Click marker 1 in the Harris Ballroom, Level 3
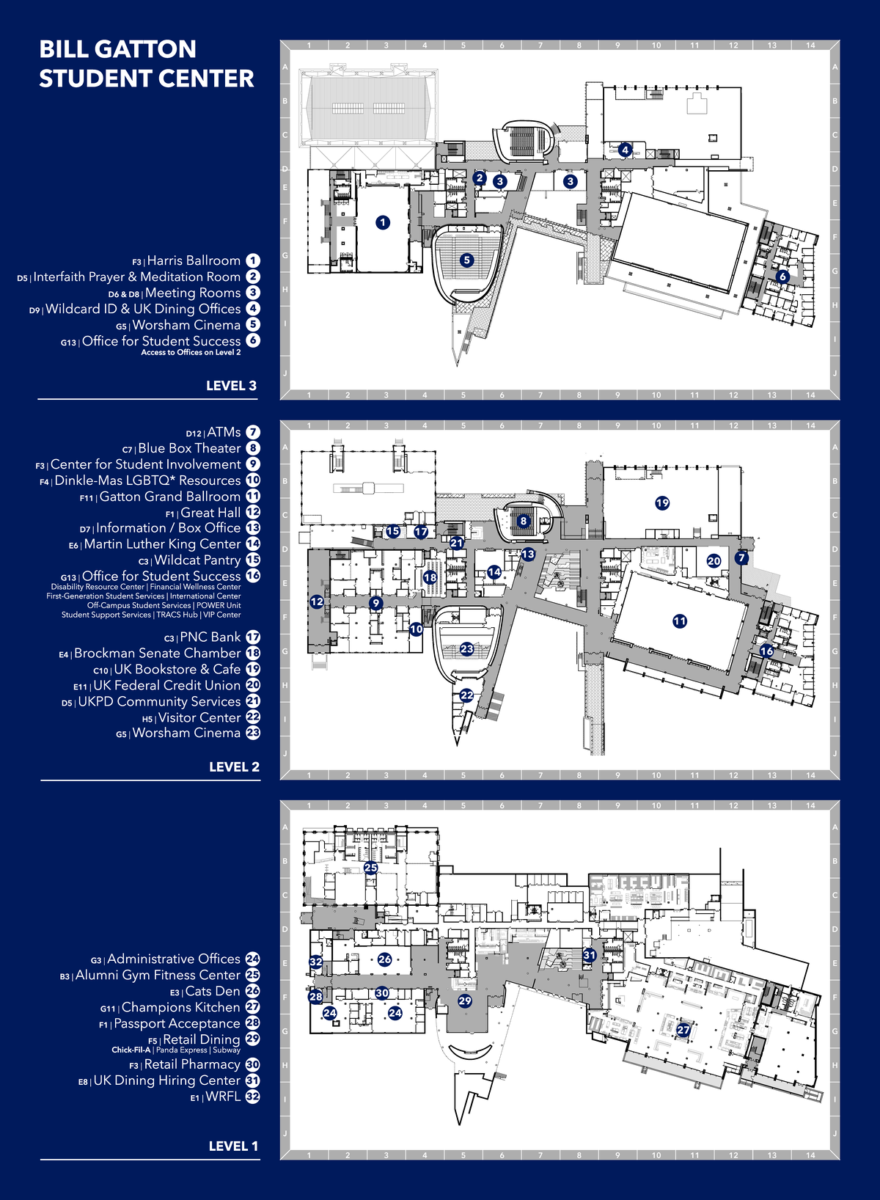point(382,222)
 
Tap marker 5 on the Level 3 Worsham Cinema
point(466,260)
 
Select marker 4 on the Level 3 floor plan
point(625,150)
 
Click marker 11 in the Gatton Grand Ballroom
point(680,621)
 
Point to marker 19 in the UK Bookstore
point(662,503)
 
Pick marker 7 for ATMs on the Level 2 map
point(741,557)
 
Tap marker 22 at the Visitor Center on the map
point(466,695)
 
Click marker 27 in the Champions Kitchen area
point(683,1030)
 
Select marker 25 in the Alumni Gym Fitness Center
point(371,868)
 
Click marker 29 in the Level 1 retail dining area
point(465,1000)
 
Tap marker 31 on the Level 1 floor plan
point(590,955)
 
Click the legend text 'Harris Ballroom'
point(194,260)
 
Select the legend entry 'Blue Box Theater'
point(189,448)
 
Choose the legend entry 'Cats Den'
point(213,991)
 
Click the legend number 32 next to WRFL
point(252,1097)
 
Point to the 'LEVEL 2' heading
point(234,767)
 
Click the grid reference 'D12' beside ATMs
point(194,433)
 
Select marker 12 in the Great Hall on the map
point(316,601)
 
